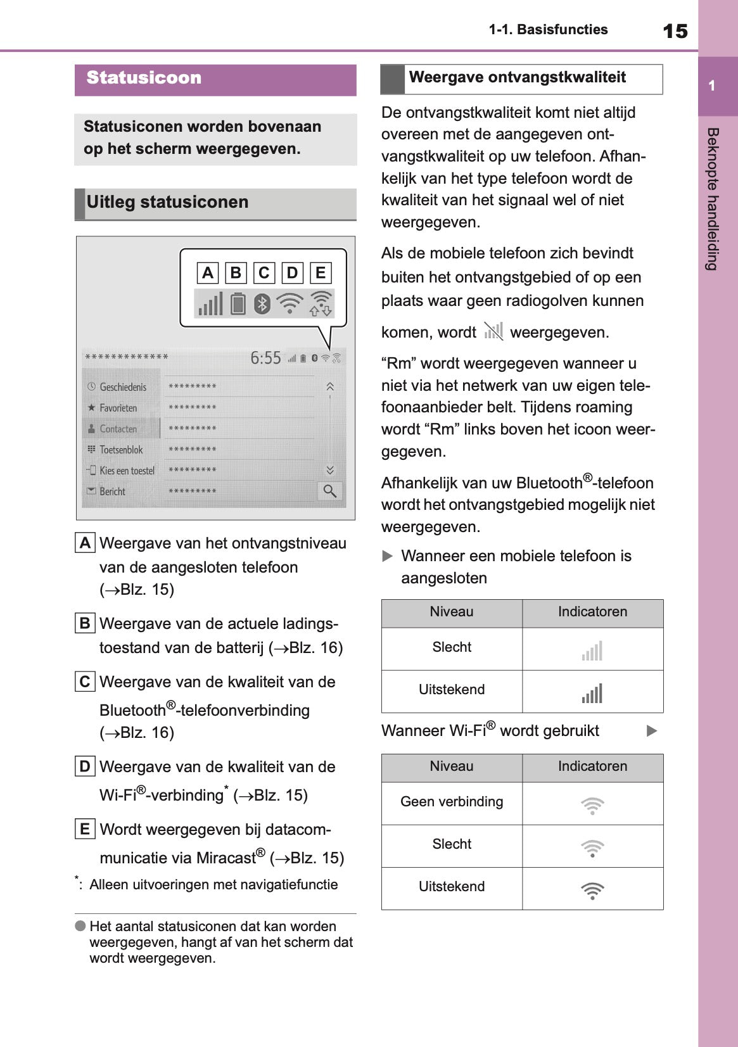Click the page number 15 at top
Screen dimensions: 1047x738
click(675, 31)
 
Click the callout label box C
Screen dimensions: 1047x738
click(264, 273)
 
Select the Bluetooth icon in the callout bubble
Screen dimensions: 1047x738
click(262, 304)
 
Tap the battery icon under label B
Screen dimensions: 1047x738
click(238, 303)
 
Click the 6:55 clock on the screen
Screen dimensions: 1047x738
click(265, 358)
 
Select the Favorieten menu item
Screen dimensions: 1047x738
click(118, 408)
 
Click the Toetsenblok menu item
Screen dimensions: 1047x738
click(121, 450)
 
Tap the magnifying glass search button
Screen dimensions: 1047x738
click(330, 491)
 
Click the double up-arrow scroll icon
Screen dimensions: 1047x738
click(330, 386)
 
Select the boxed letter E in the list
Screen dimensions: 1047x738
click(84, 829)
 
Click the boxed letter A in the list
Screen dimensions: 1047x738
click(85, 543)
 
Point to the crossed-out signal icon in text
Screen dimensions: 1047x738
click(493, 331)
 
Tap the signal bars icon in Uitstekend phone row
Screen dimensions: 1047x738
click(592, 693)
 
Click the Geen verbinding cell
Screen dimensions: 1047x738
click(452, 802)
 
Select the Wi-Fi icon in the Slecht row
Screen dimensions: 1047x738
click(592, 847)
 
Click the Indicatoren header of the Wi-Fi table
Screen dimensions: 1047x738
click(592, 766)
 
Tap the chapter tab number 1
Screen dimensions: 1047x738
click(712, 86)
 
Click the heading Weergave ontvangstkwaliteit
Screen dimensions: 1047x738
click(518, 78)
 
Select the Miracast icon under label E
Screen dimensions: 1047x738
click(321, 303)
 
